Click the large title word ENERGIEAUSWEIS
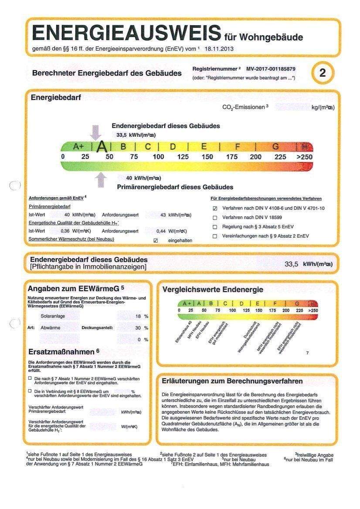(126, 34)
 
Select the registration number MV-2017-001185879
(271, 69)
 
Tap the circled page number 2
(322, 73)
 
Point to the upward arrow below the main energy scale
(101, 179)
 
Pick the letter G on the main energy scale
(275, 147)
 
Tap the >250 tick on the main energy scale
(305, 157)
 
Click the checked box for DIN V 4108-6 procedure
(215, 209)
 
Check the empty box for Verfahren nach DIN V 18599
(215, 217)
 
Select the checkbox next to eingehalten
(156, 240)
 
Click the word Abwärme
(50, 327)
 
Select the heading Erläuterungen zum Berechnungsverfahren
(232, 381)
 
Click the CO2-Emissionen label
(244, 107)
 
